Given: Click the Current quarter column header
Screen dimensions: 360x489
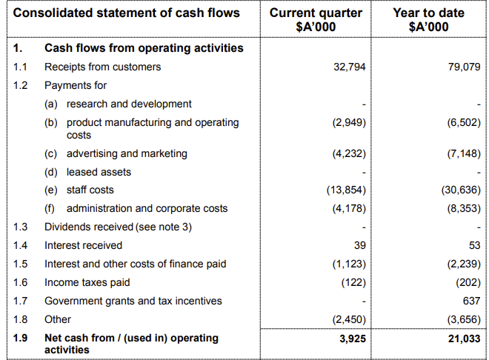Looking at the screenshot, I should (316, 20).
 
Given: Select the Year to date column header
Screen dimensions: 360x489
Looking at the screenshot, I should (428, 20).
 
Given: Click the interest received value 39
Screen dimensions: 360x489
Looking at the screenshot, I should (359, 245).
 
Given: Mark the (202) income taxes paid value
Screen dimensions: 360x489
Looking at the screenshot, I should (466, 282).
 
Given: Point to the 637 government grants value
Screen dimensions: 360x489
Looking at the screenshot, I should (471, 301).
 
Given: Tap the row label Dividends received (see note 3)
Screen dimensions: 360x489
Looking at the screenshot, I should (118, 227).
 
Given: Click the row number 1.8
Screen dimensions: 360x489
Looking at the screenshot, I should (21, 319).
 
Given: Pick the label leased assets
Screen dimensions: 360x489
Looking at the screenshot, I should (99, 172).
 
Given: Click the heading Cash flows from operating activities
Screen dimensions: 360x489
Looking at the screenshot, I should (144, 48).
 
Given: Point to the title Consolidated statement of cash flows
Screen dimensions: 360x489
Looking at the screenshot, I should (127, 13).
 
